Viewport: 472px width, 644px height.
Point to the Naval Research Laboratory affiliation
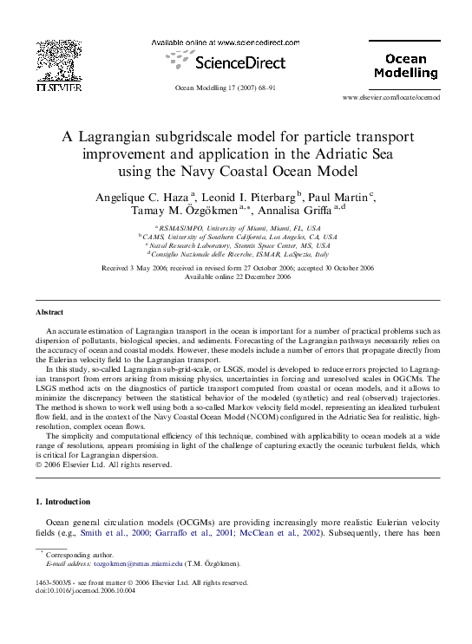(x=236, y=245)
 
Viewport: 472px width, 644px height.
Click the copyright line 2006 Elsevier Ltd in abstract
(x=103, y=464)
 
